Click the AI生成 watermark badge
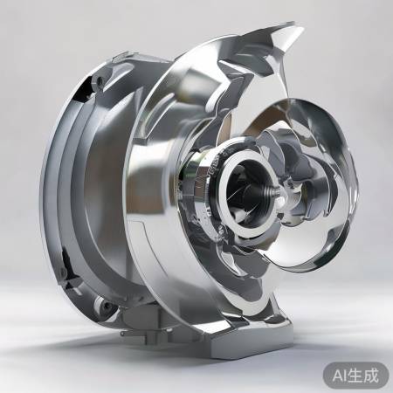click(355, 376)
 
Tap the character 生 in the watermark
click(357, 376)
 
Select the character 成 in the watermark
click(372, 376)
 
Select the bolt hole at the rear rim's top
click(100, 80)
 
